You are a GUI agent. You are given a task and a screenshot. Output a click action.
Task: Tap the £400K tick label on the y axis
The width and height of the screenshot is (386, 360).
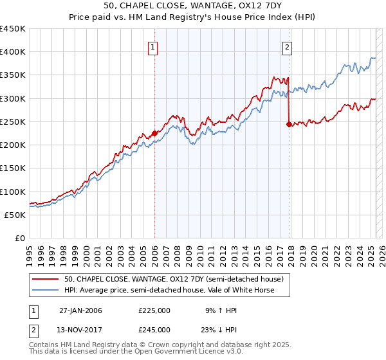point(13,52)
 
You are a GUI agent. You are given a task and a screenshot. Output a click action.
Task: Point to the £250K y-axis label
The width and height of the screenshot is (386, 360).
point(13,122)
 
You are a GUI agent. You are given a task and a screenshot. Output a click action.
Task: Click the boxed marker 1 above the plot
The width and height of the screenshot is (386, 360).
point(154,46)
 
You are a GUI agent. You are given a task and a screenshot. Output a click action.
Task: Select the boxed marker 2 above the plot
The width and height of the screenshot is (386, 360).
point(287,46)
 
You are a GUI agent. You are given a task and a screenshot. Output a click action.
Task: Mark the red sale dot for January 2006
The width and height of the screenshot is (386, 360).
point(154,134)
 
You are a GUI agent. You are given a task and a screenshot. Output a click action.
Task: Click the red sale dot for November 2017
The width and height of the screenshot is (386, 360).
point(289,124)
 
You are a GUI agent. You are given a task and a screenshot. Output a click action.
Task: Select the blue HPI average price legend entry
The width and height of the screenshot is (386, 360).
point(169,290)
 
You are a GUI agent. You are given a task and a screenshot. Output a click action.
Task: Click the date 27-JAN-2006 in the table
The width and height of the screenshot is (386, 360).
point(80,310)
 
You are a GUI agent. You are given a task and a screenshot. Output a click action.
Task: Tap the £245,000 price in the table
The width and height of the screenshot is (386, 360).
point(154,330)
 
